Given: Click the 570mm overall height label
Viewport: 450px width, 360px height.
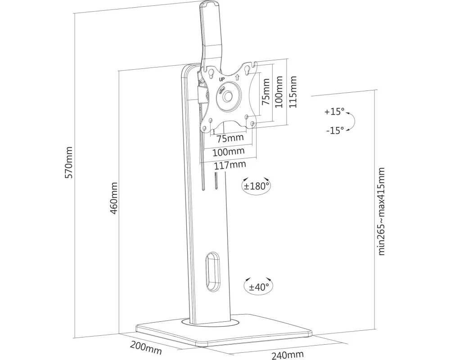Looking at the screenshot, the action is coord(69,162).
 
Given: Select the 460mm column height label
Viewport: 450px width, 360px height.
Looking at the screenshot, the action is coord(114,198).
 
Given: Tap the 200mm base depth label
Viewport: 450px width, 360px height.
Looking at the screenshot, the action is coord(146,347).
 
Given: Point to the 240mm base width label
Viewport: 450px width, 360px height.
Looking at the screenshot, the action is coord(288,355).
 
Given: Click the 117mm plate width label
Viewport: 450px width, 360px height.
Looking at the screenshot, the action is coord(230,165).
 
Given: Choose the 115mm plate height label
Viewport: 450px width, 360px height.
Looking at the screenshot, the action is coord(293,92).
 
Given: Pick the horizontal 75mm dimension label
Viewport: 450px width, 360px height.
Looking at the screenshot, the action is coord(230,138).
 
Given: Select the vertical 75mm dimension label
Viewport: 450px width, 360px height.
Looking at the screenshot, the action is coord(266,92).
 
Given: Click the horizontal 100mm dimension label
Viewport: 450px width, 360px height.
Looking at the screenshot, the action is coord(229,152).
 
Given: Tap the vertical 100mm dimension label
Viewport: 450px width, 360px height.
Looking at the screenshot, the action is coord(279,92).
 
